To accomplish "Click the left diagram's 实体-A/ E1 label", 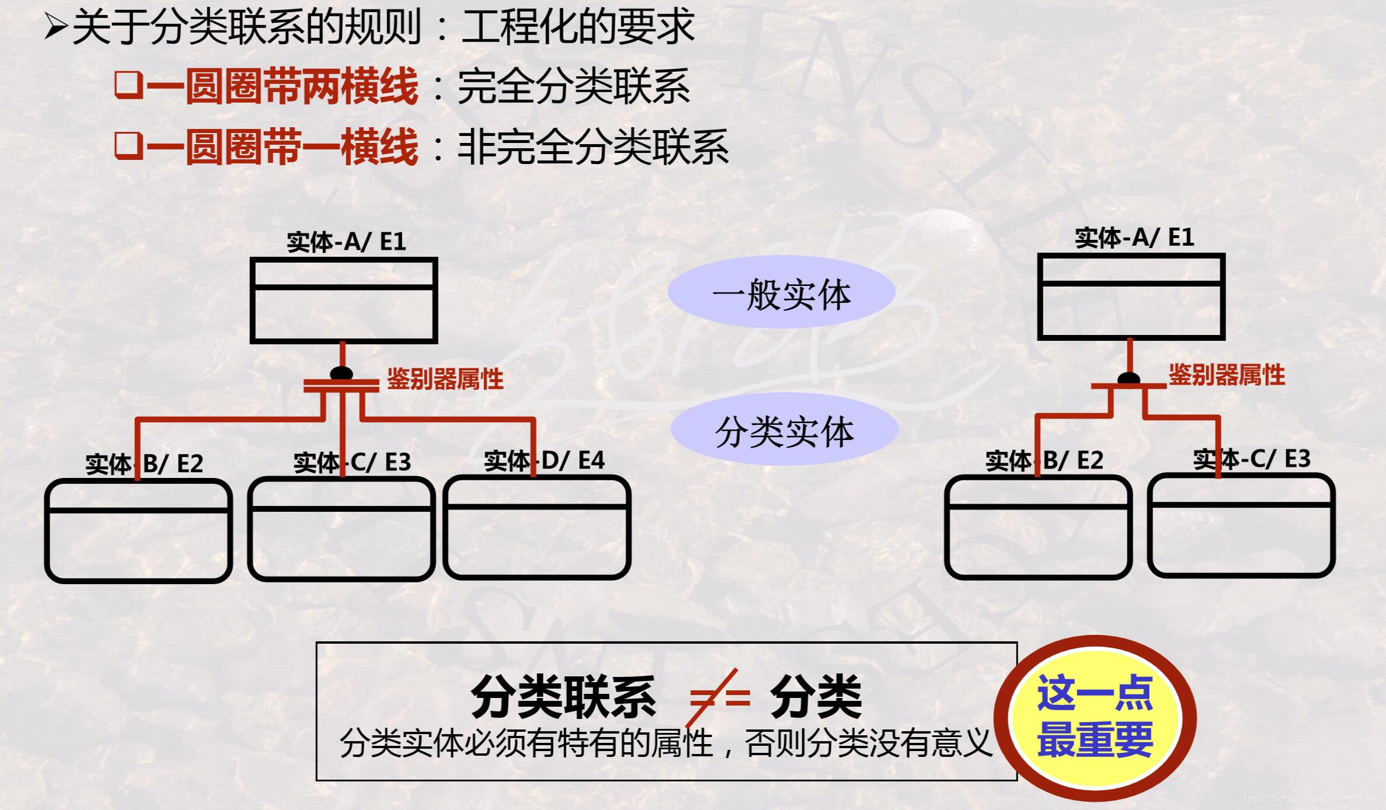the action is (x=346, y=241).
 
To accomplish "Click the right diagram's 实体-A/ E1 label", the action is (x=1134, y=237).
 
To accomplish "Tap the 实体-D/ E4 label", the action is (x=544, y=460).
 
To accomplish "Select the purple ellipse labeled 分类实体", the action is (x=784, y=430).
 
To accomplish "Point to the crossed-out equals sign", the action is (x=719, y=697).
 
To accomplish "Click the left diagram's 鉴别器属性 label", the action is (x=445, y=379).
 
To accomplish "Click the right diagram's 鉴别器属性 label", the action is (x=1227, y=375).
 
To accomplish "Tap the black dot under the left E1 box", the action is (x=342, y=373).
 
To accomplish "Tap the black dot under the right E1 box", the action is (x=1129, y=378).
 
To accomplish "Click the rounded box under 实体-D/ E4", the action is (x=537, y=528).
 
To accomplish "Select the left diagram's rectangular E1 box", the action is (x=344, y=301).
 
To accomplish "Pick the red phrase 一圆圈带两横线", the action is (x=283, y=86).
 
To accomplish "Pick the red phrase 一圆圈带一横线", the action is (x=283, y=146).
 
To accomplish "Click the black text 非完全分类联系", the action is (x=593, y=147).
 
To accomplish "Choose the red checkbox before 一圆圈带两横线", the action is (x=128, y=85).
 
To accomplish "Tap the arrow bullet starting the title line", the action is (x=57, y=26).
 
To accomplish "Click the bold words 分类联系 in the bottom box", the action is (x=563, y=697).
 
